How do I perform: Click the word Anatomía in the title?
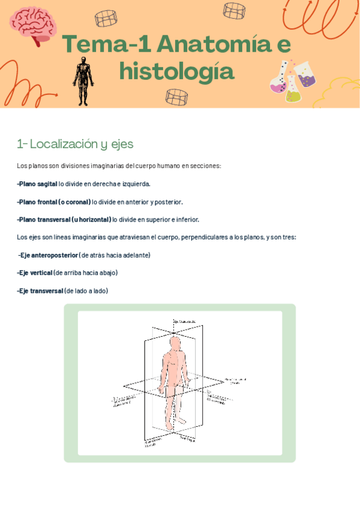coord(214,46)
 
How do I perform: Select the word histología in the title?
coord(176,72)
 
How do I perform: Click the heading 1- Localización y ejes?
coord(75,144)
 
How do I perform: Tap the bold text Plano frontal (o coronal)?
coord(54,202)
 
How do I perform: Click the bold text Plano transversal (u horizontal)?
coord(64,219)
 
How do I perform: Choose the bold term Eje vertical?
coord(35,273)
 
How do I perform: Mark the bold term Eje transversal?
coord(40,291)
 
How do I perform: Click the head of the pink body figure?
coord(175,343)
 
